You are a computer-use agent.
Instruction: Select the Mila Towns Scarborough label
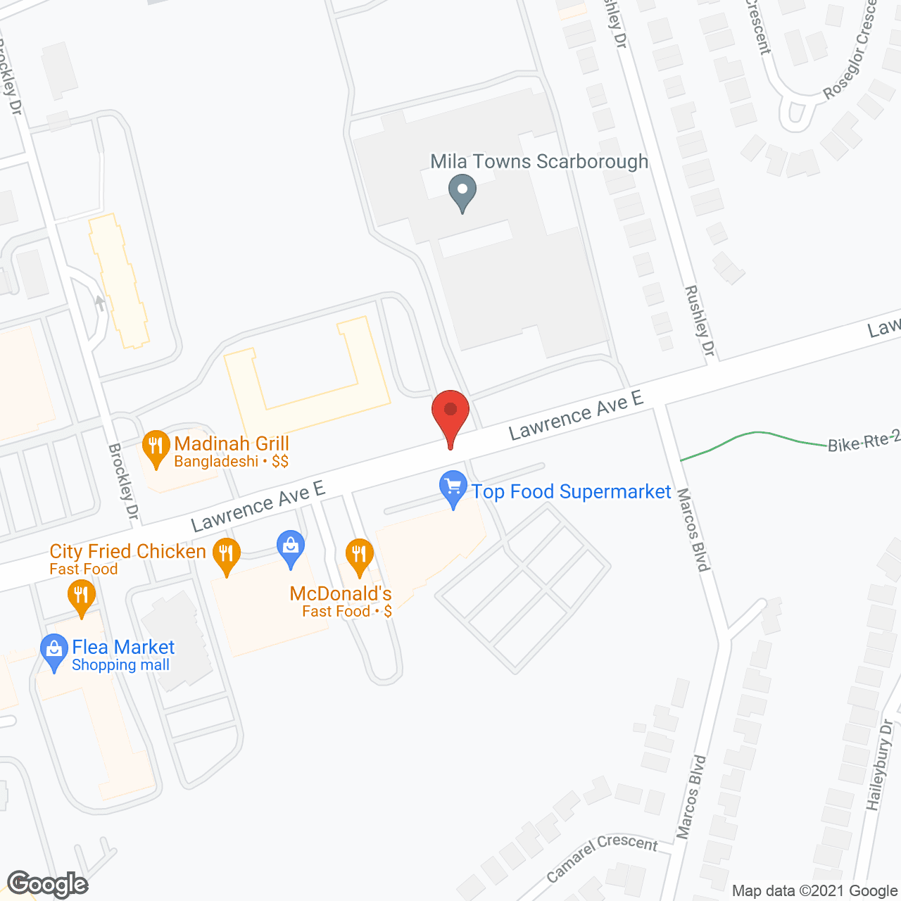[539, 161]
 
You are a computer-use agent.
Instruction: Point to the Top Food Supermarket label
[571, 491]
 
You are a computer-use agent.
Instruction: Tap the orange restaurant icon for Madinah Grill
[156, 447]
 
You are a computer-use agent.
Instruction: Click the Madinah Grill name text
[232, 443]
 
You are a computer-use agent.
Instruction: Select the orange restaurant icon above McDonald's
[359, 555]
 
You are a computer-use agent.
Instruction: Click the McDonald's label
[341, 593]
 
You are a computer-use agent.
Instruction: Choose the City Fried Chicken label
[127, 551]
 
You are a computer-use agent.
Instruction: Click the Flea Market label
[123, 647]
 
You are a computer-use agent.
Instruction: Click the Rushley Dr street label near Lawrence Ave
[700, 320]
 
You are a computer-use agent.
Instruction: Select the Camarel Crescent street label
[602, 857]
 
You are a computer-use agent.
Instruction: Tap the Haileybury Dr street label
[880, 764]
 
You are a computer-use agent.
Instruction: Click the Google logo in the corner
[47, 883]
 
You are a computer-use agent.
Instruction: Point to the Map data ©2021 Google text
[814, 890]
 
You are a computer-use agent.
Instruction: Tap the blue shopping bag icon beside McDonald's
[291, 548]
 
